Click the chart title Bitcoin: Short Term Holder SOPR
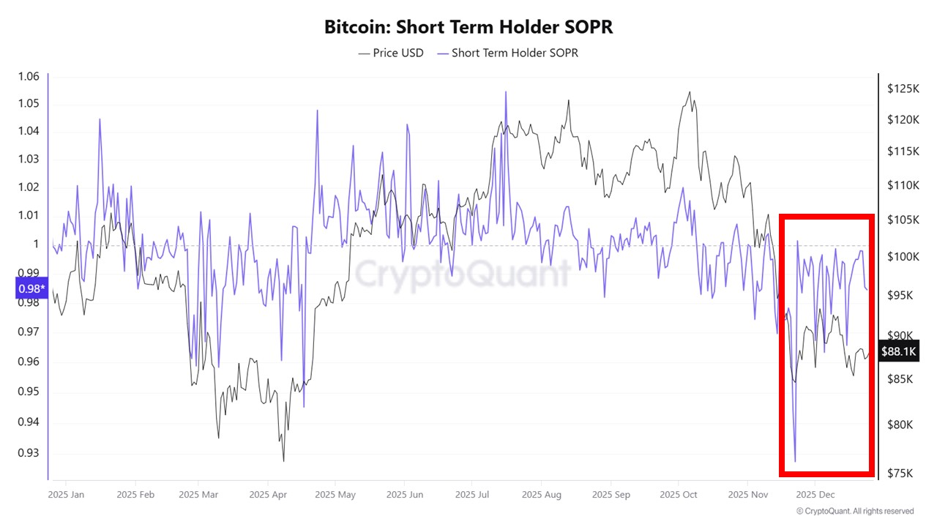468,27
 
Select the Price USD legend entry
391,53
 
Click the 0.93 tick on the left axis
29,452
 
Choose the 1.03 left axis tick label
29,159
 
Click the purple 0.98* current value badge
30,289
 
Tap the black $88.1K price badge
898,352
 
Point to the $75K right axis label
900,473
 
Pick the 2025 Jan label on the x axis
66,495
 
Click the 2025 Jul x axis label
474,495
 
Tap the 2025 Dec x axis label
815,495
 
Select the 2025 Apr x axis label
268,495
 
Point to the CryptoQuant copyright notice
855,511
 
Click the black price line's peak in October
689,92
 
